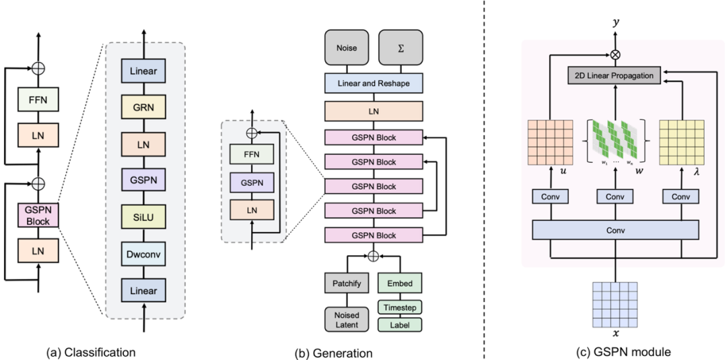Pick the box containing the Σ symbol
click(x=400, y=48)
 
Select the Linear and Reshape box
click(x=374, y=82)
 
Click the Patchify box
click(x=347, y=283)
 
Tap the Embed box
click(x=400, y=283)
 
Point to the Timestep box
click(x=400, y=307)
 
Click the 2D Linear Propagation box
click(x=614, y=75)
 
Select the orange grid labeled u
click(x=548, y=143)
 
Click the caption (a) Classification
click(x=91, y=351)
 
